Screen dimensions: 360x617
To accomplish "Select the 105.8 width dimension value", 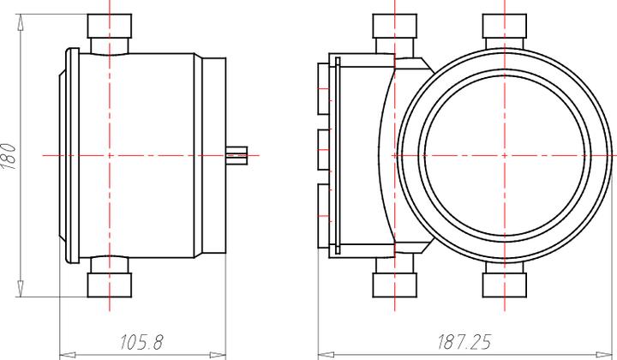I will [x=141, y=342].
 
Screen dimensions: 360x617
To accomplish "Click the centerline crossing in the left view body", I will [x=110, y=155].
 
